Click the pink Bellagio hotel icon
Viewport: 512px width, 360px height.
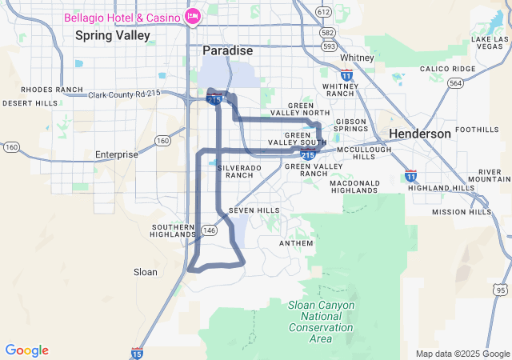tap(192, 16)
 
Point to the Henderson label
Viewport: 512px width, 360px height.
tap(420, 134)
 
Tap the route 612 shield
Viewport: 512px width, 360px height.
tap(323, 12)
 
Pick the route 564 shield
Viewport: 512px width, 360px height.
tap(455, 82)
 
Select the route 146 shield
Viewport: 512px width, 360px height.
tap(210, 230)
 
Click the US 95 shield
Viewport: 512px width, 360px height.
tap(501, 289)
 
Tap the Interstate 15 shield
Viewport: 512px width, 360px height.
tap(136, 353)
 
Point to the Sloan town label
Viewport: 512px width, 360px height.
tap(146, 272)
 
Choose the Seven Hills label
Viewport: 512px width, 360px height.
tap(254, 210)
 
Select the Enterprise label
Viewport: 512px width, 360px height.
tap(117, 154)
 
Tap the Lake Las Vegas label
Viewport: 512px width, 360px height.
tap(490, 43)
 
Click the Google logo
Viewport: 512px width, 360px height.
tap(26, 350)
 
